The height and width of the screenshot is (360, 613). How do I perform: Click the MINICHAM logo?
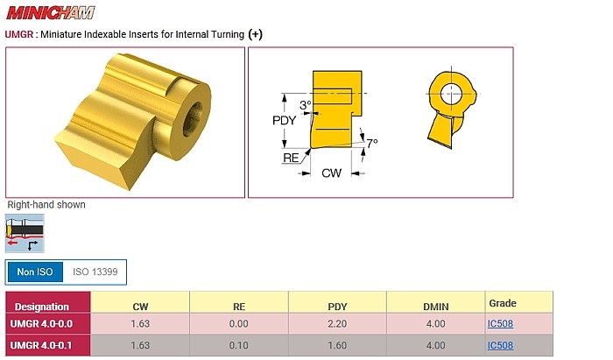(51, 13)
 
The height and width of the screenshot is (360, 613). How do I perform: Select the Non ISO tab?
(35, 272)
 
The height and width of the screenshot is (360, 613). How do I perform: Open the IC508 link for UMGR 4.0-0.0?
(501, 324)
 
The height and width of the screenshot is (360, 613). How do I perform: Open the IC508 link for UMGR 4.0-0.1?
(501, 345)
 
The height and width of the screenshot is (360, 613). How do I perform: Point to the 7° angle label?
(372, 143)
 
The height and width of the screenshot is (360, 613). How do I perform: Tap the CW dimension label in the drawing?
(331, 173)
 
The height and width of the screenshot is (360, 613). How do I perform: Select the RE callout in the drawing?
(292, 158)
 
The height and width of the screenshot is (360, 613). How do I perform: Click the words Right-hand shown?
(46, 205)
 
